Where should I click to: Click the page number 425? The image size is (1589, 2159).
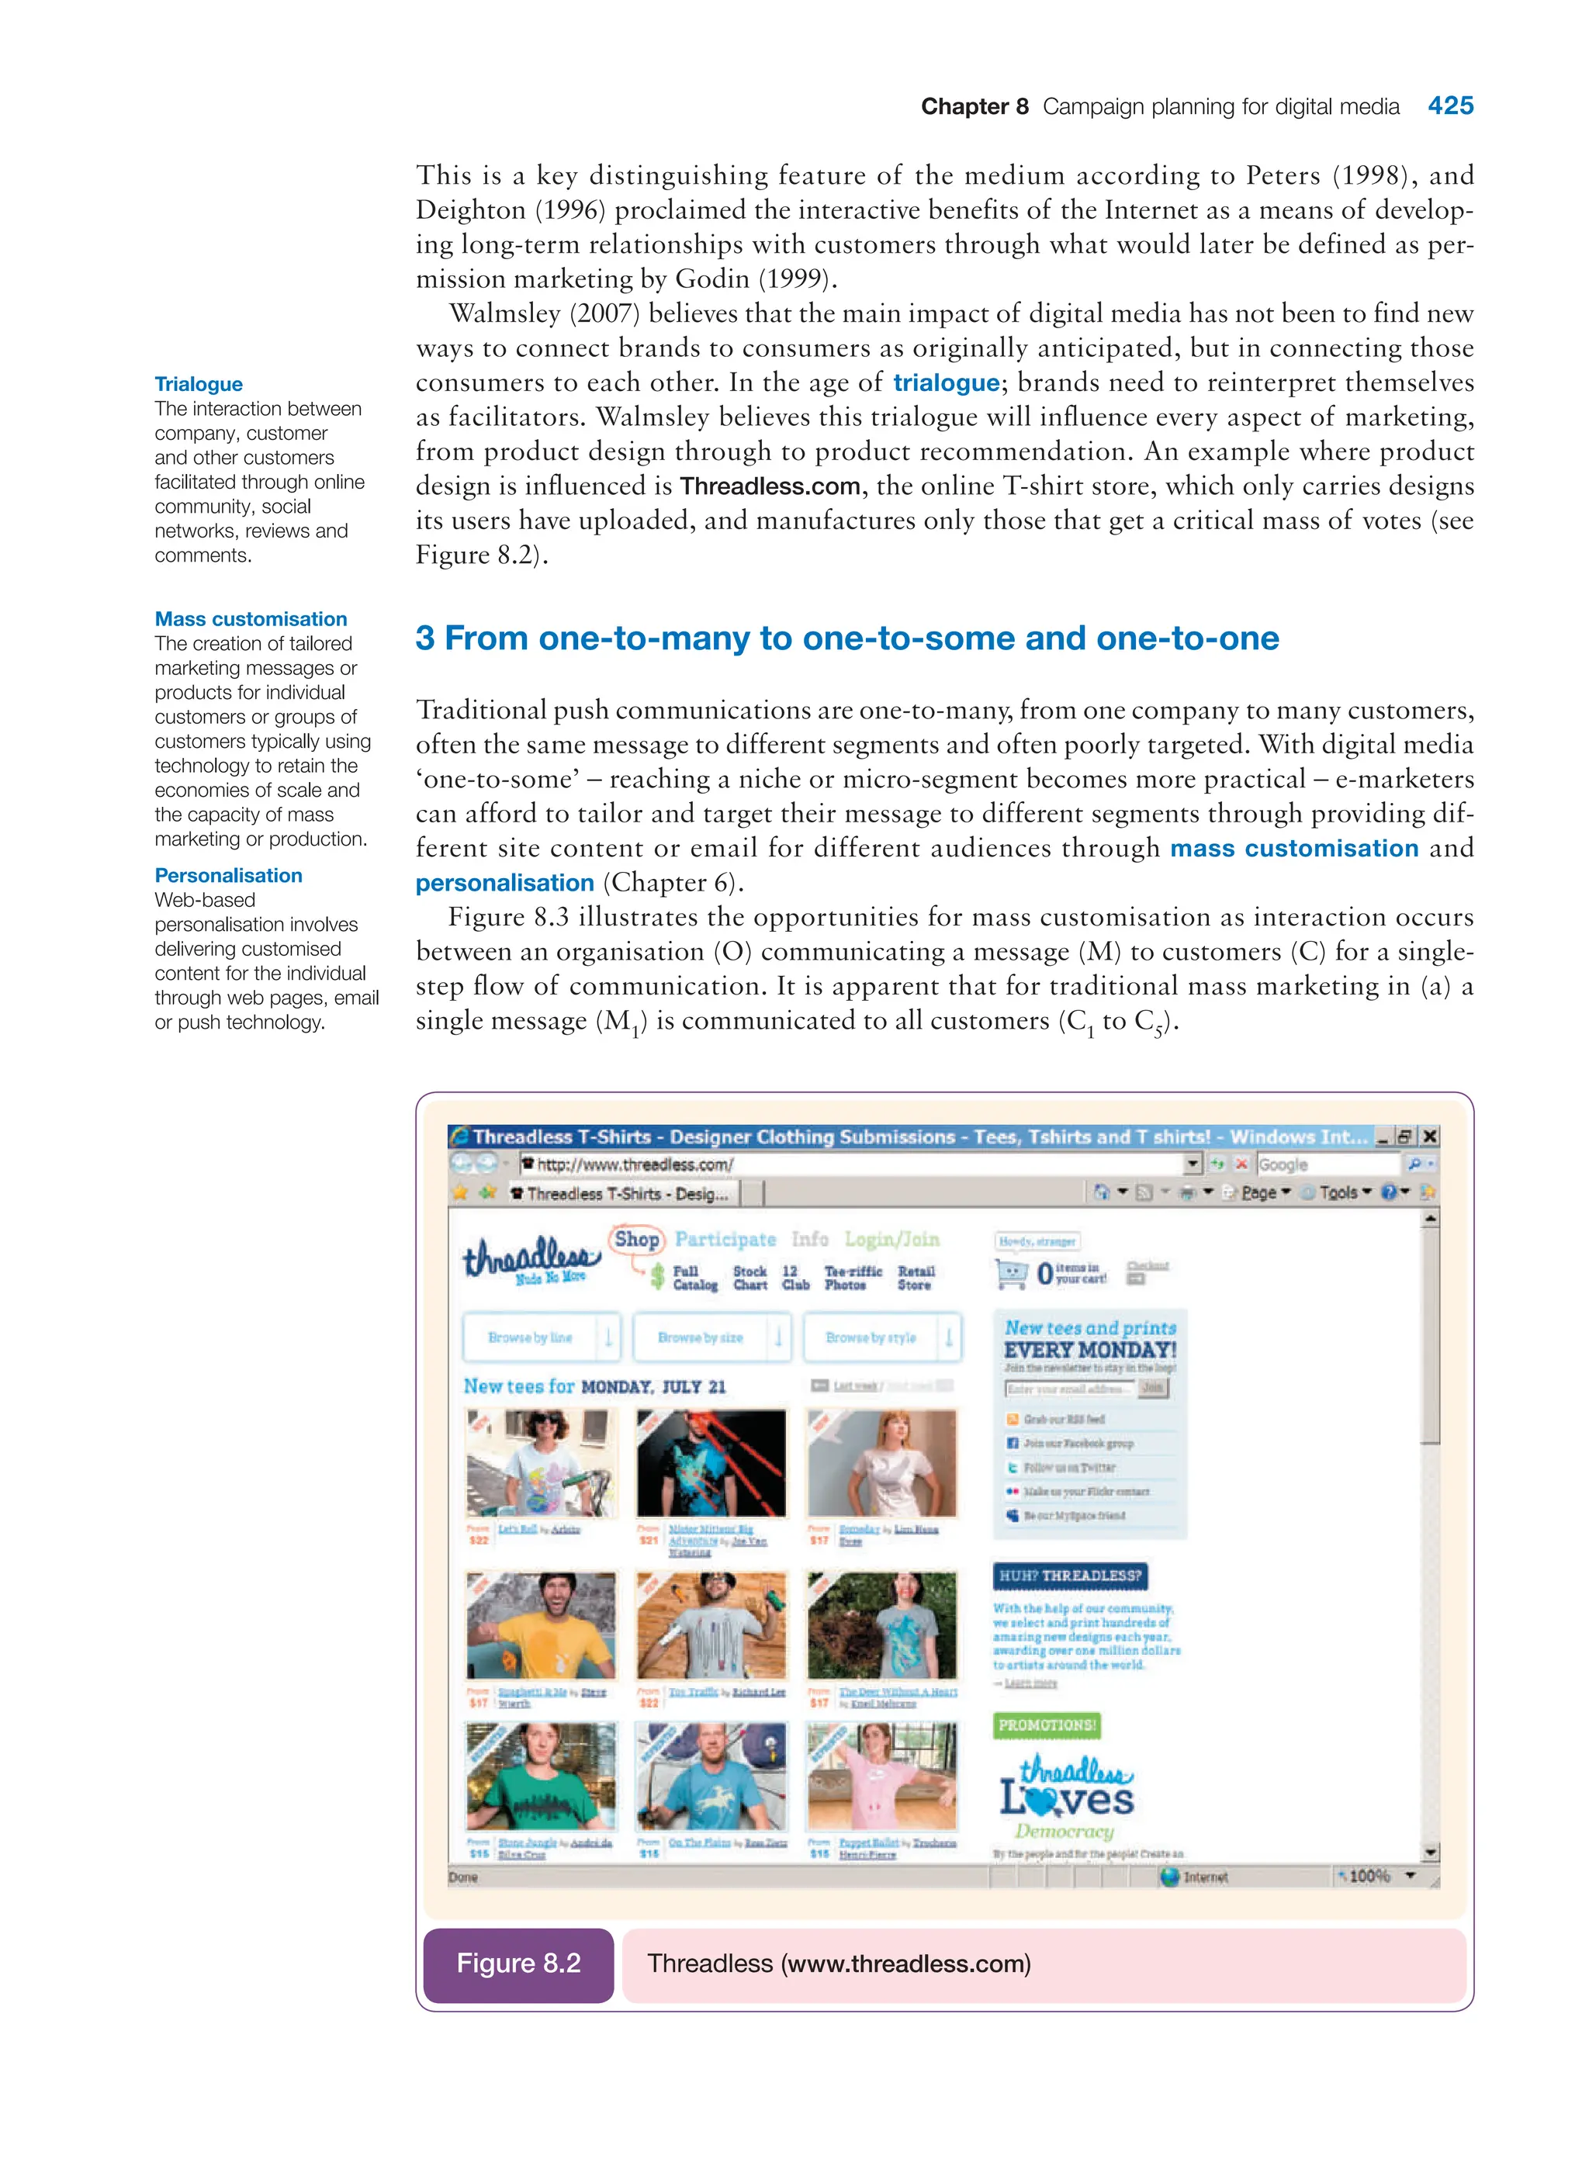[1449, 106]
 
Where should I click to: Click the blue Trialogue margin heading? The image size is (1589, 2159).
[198, 384]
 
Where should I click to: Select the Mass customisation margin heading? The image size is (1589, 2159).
[250, 618]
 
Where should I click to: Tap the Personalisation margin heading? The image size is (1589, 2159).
[228, 875]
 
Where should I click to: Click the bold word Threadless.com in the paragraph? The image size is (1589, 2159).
[770, 486]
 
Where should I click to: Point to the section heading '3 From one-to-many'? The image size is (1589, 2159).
[846, 638]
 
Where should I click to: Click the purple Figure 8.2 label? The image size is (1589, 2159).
[518, 1963]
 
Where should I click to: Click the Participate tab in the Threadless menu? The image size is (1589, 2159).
[725, 1239]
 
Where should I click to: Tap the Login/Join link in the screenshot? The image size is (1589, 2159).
[891, 1239]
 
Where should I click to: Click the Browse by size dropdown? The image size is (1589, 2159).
[711, 1337]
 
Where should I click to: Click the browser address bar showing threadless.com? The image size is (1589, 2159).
[856, 1164]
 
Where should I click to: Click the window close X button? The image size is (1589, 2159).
[1430, 1136]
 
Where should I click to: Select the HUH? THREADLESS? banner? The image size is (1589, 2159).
[1070, 1576]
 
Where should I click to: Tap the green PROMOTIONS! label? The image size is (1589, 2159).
[1047, 1725]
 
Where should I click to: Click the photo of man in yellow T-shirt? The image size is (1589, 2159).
[541, 1626]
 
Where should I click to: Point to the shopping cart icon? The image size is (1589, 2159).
[1011, 1275]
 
